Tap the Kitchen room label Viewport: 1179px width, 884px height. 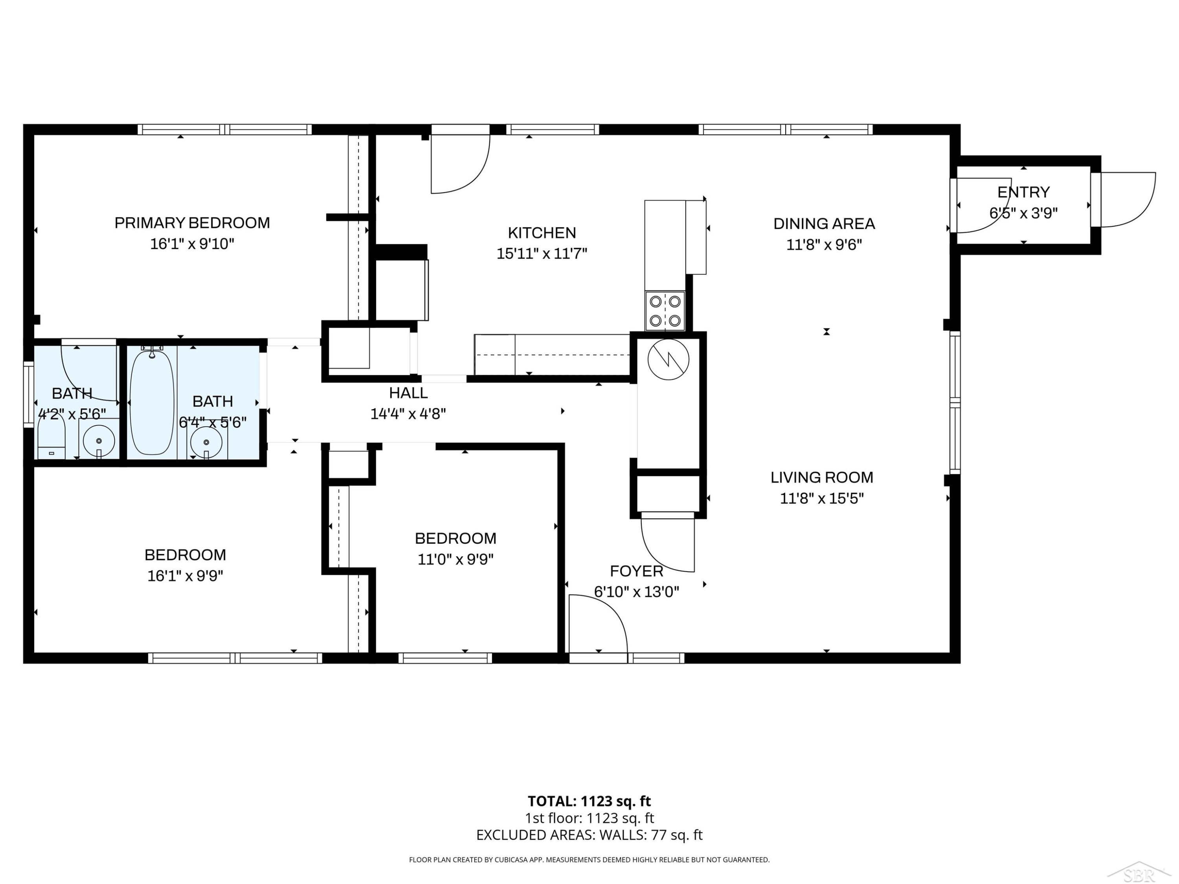(x=542, y=233)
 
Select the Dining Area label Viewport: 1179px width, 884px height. (x=824, y=224)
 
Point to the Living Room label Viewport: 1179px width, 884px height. (x=822, y=477)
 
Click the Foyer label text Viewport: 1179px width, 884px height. (x=636, y=571)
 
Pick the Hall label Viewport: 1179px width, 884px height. (x=408, y=393)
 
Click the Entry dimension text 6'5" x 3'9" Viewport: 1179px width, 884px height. (x=1023, y=213)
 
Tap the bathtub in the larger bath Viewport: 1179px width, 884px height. (x=152, y=402)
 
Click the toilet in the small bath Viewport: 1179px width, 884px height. (x=51, y=436)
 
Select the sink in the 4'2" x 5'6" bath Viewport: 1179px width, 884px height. (x=99, y=440)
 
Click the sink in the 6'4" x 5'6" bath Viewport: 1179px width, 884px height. (x=207, y=442)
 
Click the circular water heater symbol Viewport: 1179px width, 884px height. (x=668, y=359)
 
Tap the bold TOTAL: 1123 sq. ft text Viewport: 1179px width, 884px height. (x=589, y=801)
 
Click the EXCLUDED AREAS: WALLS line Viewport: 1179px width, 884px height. (x=589, y=835)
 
